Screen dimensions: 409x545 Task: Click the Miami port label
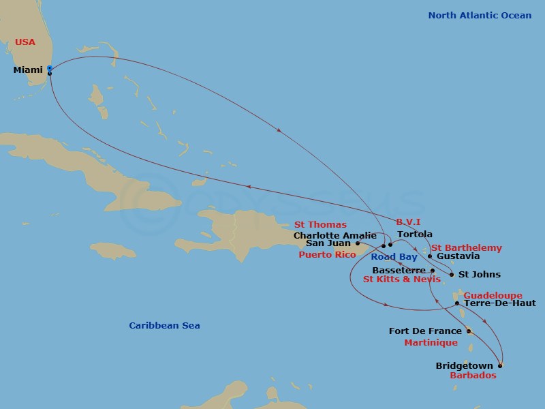[x=28, y=71]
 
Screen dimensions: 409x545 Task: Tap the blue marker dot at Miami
[x=50, y=68]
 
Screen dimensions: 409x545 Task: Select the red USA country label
[x=25, y=42]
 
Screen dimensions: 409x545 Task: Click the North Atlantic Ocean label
[x=480, y=16]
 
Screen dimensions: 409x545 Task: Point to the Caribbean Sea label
[x=165, y=326]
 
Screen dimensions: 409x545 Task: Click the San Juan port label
[x=328, y=243]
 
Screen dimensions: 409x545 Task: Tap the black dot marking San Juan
[x=358, y=243]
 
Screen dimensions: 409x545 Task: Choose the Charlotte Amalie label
[x=334, y=236]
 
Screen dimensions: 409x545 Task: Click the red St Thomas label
[x=320, y=225]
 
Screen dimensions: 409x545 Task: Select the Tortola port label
[x=414, y=234]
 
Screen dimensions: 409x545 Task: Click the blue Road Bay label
[x=394, y=257]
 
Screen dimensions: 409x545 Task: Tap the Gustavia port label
[x=458, y=256]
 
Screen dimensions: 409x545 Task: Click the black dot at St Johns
[x=452, y=275]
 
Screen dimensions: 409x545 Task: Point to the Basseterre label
[x=399, y=270]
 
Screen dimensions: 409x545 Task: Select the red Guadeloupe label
[x=493, y=296]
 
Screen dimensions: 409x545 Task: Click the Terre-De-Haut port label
[x=499, y=303]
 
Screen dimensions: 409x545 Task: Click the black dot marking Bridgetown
[x=500, y=366]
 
